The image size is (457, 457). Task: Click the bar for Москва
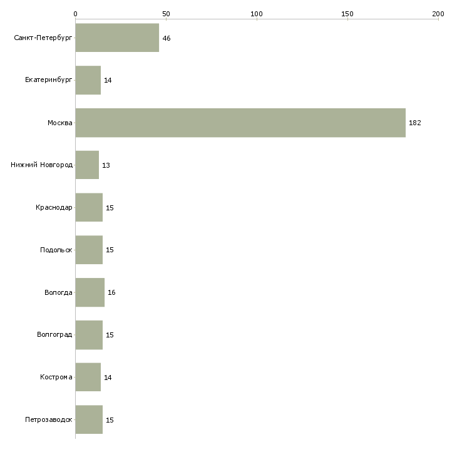(240, 123)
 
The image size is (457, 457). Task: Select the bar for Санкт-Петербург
(117, 38)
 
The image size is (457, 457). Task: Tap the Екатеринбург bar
(88, 80)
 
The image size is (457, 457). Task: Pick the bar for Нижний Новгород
(87, 165)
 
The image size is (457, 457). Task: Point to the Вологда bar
(90, 292)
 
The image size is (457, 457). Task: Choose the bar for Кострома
(88, 377)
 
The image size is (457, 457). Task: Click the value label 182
(414, 123)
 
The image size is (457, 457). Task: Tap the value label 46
(167, 38)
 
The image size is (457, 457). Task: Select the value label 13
(106, 165)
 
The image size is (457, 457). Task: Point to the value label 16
(111, 292)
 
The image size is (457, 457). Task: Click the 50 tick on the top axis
(166, 14)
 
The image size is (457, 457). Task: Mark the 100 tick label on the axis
(257, 14)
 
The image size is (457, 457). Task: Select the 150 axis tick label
(347, 14)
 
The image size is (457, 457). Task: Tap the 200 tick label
(438, 14)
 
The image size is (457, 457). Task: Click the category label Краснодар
(54, 207)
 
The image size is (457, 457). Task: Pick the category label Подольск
(56, 250)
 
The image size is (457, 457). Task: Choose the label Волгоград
(54, 334)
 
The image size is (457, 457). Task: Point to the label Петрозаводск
(49, 419)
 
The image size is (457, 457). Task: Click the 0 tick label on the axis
(76, 14)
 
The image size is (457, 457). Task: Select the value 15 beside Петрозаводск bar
(110, 420)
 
